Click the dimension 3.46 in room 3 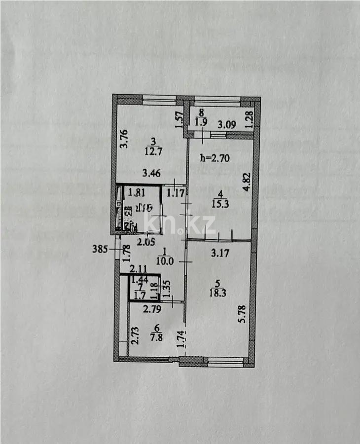tap(151, 173)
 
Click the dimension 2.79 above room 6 tap(152, 310)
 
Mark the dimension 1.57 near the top tap(179, 119)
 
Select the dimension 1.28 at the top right tap(249, 119)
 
